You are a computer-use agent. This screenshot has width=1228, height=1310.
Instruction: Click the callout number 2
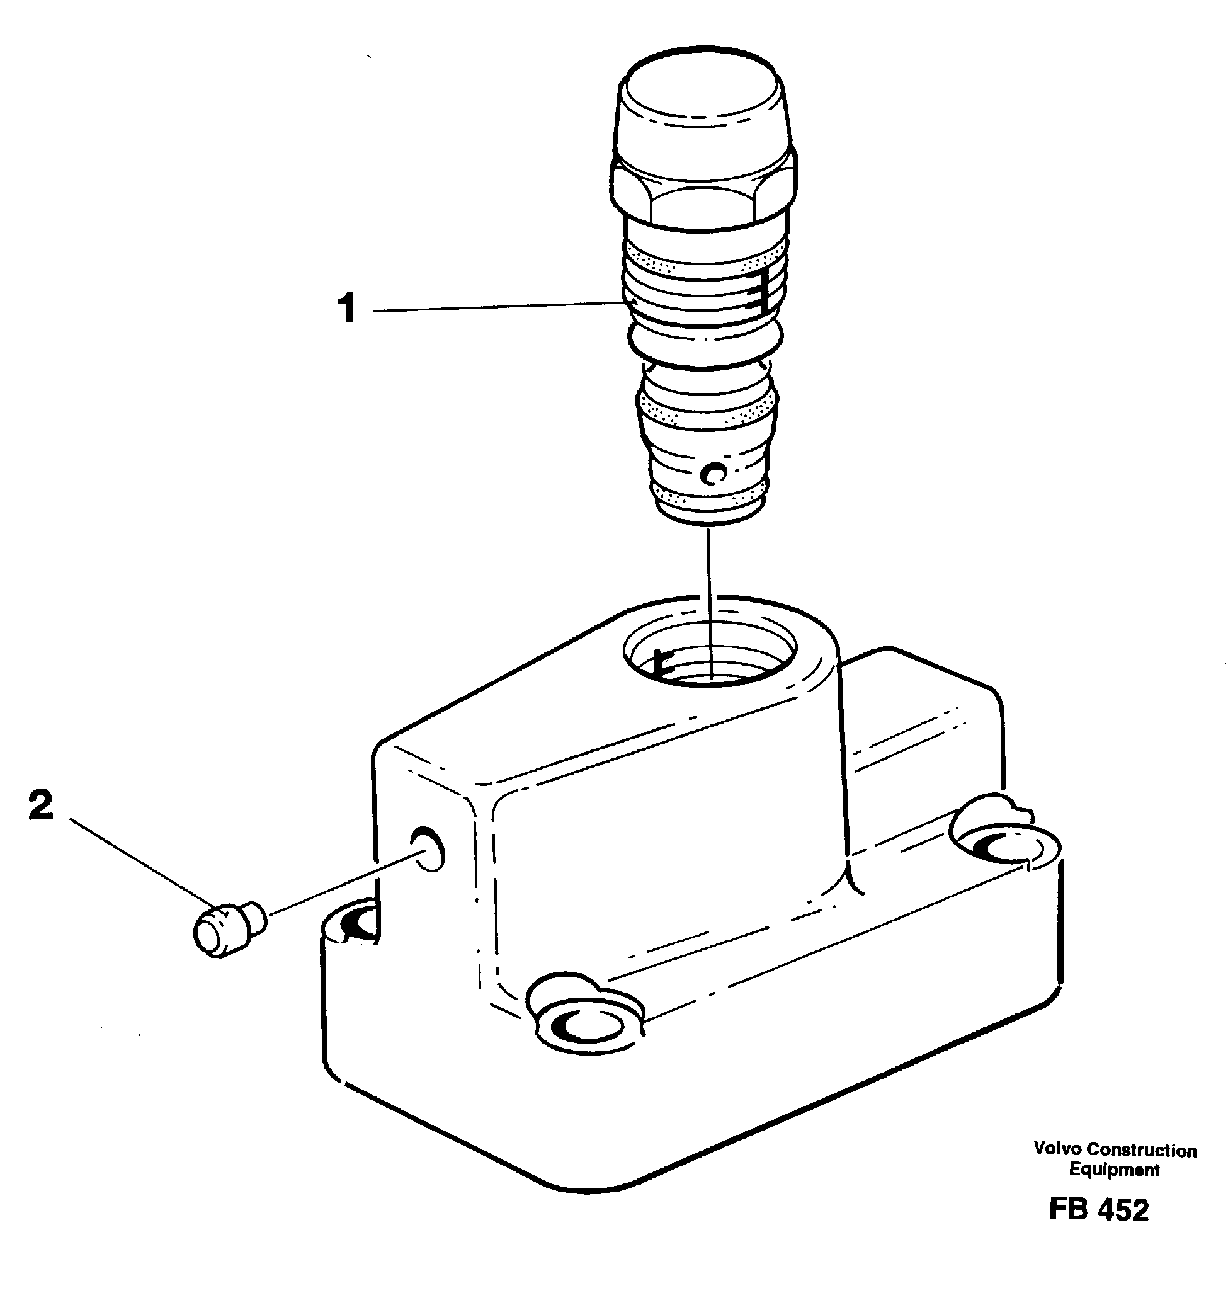tap(40, 806)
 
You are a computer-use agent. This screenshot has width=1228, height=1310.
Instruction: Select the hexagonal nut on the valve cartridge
tap(703, 193)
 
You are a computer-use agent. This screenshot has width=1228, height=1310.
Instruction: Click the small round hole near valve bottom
tap(713, 472)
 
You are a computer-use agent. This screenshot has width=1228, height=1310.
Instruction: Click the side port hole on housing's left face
tap(427, 849)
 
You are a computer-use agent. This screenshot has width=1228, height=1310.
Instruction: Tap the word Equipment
tap(1113, 1170)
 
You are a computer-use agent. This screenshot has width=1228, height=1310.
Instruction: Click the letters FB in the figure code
tap(1067, 1210)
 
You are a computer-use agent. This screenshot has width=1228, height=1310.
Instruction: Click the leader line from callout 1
tap(494, 307)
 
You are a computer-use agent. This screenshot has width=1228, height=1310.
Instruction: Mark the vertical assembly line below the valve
tap(710, 593)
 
